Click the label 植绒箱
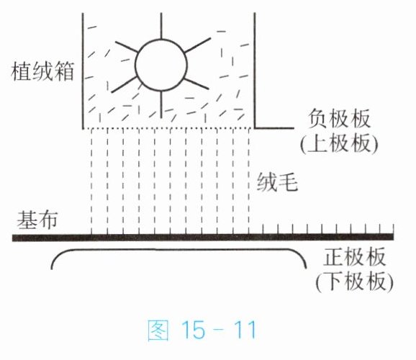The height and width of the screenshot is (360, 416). pyautogui.click(x=42, y=71)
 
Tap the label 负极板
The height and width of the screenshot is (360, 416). pyautogui.click(x=339, y=120)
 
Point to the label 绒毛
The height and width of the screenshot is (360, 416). pyautogui.click(x=277, y=182)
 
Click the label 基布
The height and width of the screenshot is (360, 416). pyautogui.click(x=37, y=220)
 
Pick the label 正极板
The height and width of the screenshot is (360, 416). pyautogui.click(x=354, y=257)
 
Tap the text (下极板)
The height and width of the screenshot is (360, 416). pyautogui.click(x=354, y=282)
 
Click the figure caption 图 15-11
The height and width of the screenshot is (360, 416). pyautogui.click(x=202, y=330)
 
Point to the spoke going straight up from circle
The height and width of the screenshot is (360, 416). pyautogui.click(x=161, y=26)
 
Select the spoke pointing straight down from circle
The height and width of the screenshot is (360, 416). pyautogui.click(x=161, y=104)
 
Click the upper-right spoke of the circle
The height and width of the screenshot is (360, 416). pyautogui.click(x=197, y=45)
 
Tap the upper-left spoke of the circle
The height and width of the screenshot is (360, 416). pyautogui.click(x=127, y=47)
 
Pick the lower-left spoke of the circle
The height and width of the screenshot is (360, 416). pyautogui.click(x=124, y=84)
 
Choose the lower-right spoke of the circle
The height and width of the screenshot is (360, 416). pyautogui.click(x=196, y=84)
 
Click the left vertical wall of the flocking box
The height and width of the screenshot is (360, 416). pyautogui.click(x=83, y=71)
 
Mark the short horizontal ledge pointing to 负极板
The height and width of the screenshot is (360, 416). pyautogui.click(x=274, y=128)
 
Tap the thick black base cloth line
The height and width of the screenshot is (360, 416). pyautogui.click(x=203, y=237)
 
